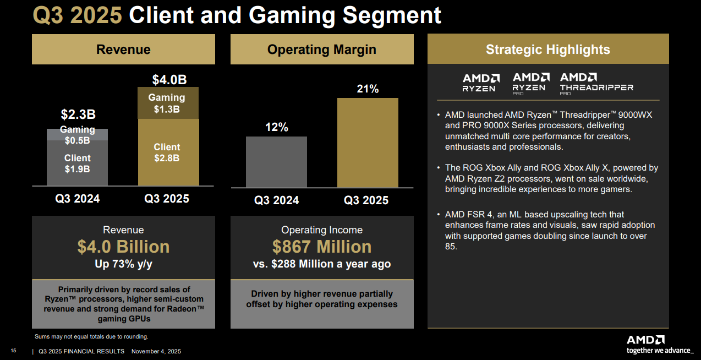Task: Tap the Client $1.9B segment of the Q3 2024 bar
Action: (x=77, y=163)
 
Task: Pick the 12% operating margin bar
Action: (x=276, y=162)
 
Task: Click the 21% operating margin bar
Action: (x=368, y=143)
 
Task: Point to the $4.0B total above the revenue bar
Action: (x=169, y=80)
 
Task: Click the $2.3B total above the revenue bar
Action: (x=78, y=115)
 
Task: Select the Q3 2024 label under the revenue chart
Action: (x=78, y=199)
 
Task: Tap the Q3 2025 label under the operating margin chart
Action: (x=366, y=200)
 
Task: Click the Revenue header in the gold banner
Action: (x=123, y=50)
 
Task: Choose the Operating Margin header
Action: (x=322, y=50)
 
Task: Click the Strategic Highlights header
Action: (x=548, y=50)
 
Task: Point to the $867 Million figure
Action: (x=322, y=247)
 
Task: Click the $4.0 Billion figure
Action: (x=123, y=247)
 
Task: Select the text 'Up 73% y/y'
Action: (x=123, y=264)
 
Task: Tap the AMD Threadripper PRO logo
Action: (x=596, y=83)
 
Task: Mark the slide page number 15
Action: (x=14, y=351)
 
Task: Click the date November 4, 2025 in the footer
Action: (x=156, y=351)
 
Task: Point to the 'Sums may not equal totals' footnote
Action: (x=91, y=336)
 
